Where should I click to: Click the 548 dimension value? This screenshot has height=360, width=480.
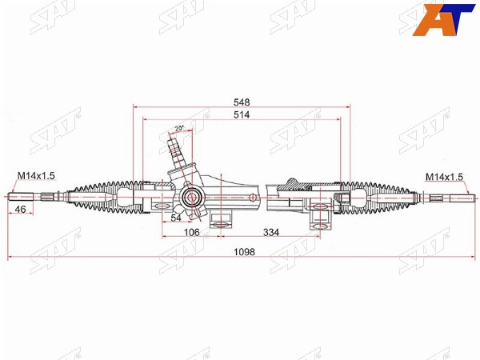tap(242, 102)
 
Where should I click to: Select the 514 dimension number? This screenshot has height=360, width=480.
tap(242, 114)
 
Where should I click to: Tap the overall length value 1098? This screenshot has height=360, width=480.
tap(244, 252)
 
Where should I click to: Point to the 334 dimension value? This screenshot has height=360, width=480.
tap(271, 232)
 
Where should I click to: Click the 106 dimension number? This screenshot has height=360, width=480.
tap(192, 232)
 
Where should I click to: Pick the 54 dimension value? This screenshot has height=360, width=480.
tap(176, 218)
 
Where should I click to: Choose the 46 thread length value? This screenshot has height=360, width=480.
tap(20, 210)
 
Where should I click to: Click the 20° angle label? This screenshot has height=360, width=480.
tap(179, 128)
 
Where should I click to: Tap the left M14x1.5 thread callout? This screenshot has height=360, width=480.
tap(36, 176)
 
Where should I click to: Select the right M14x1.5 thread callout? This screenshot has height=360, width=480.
tap(445, 177)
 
